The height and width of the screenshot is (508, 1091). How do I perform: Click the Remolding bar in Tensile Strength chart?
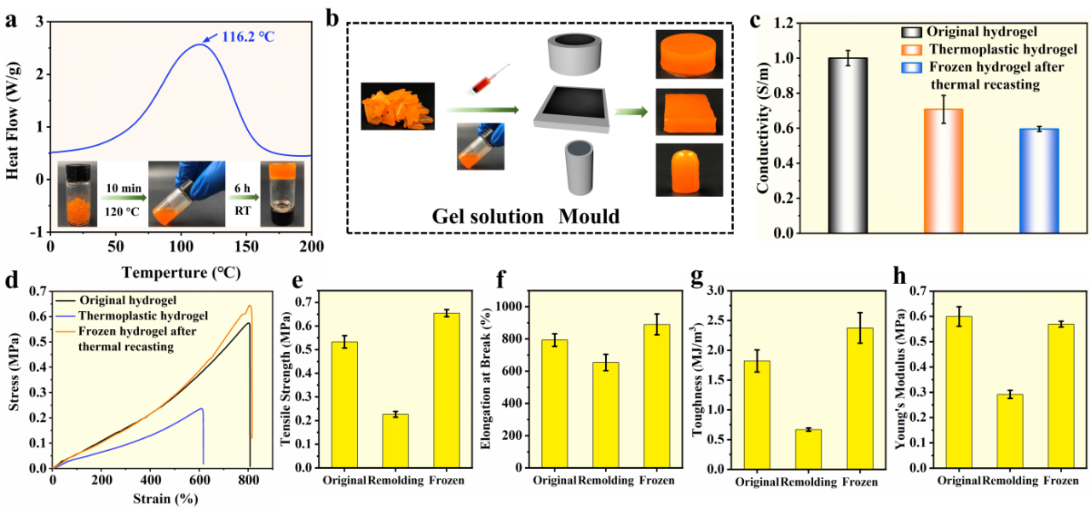point(395,441)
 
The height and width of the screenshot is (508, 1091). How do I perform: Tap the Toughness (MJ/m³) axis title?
point(713,379)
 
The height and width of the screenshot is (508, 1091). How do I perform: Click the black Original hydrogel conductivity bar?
point(848,145)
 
